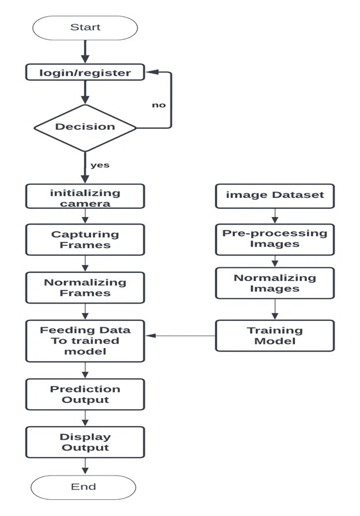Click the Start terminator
click(x=85, y=27)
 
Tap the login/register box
click(x=85, y=73)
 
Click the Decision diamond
click(x=85, y=126)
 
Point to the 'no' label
click(x=159, y=105)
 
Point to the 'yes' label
click(x=100, y=165)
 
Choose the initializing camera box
click(x=85, y=197)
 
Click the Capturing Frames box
click(x=85, y=240)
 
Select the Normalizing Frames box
click(x=85, y=287)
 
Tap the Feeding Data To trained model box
click(x=85, y=341)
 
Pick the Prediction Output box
click(x=85, y=394)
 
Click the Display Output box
click(x=85, y=442)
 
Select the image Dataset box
click(x=275, y=195)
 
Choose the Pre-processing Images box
click(x=275, y=239)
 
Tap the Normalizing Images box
click(x=275, y=283)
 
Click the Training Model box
click(x=275, y=335)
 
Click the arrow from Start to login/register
click(x=85, y=52)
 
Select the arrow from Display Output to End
click(x=85, y=466)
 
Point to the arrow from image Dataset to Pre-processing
click(x=275, y=215)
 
